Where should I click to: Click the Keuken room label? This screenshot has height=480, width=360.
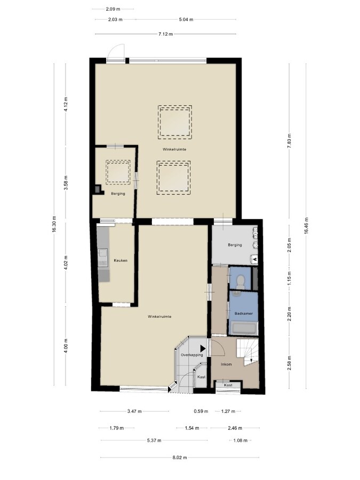pyautogui.click(x=121, y=260)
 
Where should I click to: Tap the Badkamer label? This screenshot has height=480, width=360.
pyautogui.click(x=243, y=314)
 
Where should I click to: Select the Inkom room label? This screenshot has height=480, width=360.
pyautogui.click(x=227, y=364)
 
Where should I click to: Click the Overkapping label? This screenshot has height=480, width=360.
pyautogui.click(x=191, y=355)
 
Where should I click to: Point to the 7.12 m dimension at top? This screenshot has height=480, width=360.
pyautogui.click(x=165, y=34)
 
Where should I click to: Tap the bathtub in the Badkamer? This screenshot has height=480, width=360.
pyautogui.click(x=244, y=329)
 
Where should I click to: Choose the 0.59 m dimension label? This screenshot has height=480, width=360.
pyautogui.click(x=201, y=412)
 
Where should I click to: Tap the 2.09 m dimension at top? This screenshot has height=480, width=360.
pyautogui.click(x=113, y=9)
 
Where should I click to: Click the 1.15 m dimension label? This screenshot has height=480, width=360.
pyautogui.click(x=289, y=281)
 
